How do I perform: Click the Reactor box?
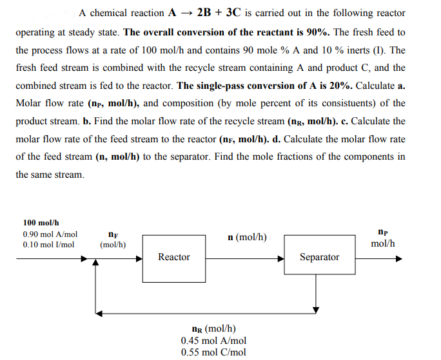pyautogui.click(x=174, y=258)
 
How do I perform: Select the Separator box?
pyautogui.click(x=319, y=258)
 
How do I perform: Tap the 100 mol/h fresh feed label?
pyautogui.click(x=41, y=222)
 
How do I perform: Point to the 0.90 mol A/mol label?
pyautogui.click(x=50, y=234)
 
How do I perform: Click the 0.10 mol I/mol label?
pyautogui.click(x=48, y=245)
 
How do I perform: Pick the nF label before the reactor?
pyautogui.click(x=113, y=235)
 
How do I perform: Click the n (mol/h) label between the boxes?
pyautogui.click(x=248, y=238)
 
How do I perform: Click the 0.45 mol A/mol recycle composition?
pyautogui.click(x=213, y=340)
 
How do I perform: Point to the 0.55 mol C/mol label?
pyautogui.click(x=213, y=352)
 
